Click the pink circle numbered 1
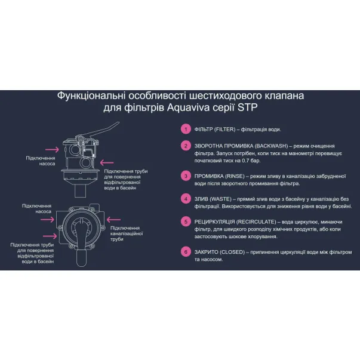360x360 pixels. pyautogui.click(x=186, y=129)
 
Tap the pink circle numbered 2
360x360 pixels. pyautogui.click(x=186, y=146)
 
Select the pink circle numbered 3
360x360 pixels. pyautogui.click(x=186, y=176)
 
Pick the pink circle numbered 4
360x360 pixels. pyautogui.click(x=186, y=199)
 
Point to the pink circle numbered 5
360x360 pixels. pyautogui.click(x=186, y=221)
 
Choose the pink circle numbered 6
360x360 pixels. pyautogui.click(x=186, y=252)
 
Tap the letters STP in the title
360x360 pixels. pyautogui.click(x=248, y=107)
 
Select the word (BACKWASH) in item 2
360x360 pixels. pyautogui.click(x=272, y=146)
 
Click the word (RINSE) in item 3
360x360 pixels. pyautogui.click(x=235, y=176)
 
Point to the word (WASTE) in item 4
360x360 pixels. pyautogui.click(x=221, y=199)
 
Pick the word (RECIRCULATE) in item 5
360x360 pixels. pyautogui.click(x=256, y=222)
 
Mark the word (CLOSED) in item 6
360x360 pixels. pyautogui.click(x=232, y=252)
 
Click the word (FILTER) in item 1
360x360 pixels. pyautogui.click(x=224, y=130)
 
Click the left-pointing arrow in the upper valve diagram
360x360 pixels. pyautogui.click(x=107, y=163)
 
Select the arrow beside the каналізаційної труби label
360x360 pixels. pyautogui.click(x=113, y=220)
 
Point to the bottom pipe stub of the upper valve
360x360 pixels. pyautogui.click(x=80, y=190)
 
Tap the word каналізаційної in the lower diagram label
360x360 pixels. pyautogui.click(x=127, y=233)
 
